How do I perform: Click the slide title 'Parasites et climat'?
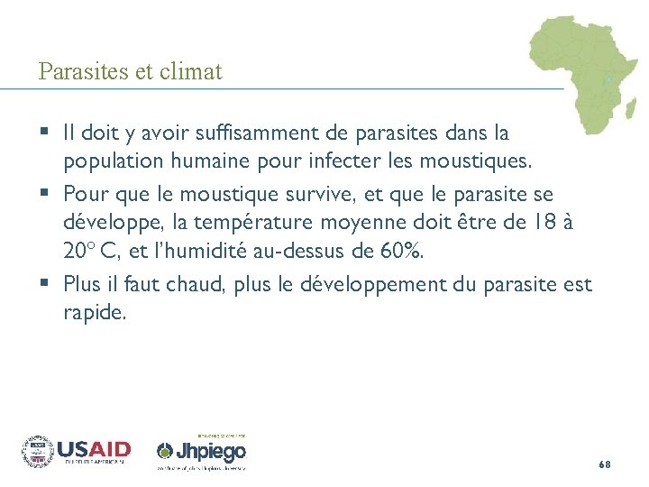[130, 71]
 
